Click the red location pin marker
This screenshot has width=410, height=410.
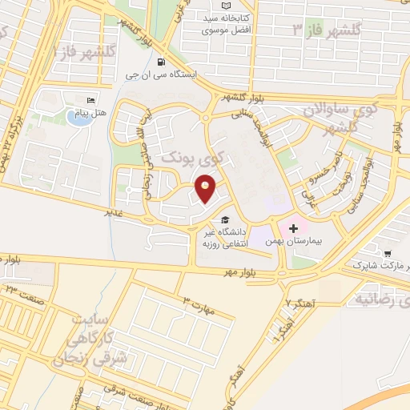pyautogui.click(x=206, y=189)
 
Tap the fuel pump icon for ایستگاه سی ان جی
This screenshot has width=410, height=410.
pyautogui.click(x=162, y=62)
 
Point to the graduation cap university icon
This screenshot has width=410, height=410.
pyautogui.click(x=225, y=219)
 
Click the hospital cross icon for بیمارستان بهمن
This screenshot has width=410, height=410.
pyautogui.click(x=292, y=227)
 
